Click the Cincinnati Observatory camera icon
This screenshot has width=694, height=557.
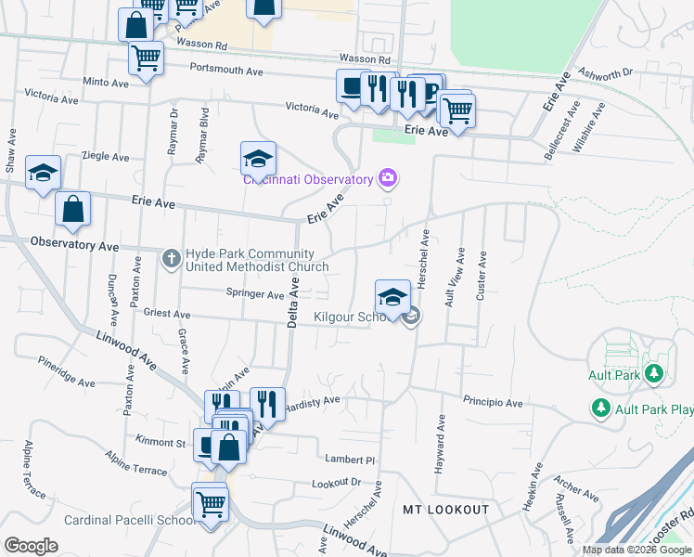388,177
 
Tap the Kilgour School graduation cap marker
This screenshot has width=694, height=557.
392,298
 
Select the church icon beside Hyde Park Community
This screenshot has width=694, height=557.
171,258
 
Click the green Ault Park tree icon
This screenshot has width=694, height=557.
655,374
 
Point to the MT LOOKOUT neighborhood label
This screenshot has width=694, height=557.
445,510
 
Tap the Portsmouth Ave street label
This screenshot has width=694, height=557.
226,70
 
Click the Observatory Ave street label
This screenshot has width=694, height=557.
74,246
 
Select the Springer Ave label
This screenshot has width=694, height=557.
255,294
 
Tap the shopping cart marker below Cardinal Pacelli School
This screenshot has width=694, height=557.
210,503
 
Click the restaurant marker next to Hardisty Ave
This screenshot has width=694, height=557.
266,404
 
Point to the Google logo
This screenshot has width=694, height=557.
31,545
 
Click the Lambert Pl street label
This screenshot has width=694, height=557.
349,460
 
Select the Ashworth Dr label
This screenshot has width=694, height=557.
604,72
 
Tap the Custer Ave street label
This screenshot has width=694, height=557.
481,276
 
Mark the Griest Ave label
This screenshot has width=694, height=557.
167,314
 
